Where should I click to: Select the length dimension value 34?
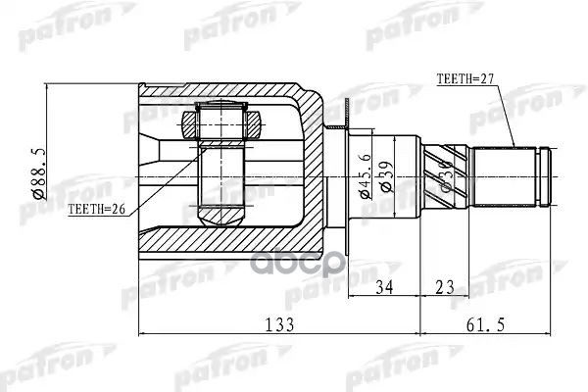tap(386, 287)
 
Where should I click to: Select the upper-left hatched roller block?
tap(189, 122)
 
